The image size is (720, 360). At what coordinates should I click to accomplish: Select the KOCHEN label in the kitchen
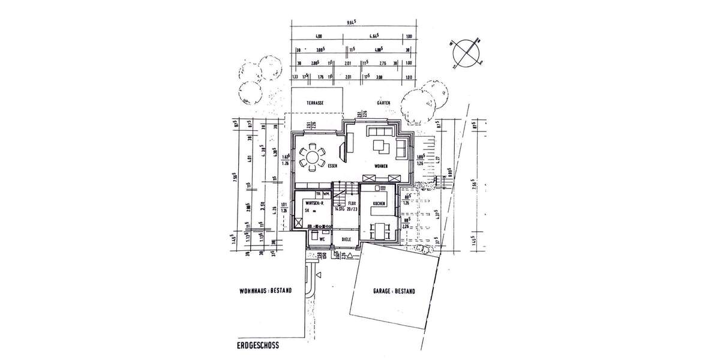point(378,205)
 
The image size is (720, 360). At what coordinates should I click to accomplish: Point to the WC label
point(322,239)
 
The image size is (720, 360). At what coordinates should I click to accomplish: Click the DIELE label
point(346,239)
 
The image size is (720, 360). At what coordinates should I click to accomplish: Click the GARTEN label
point(383,103)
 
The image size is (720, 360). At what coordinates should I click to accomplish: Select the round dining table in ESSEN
point(313,158)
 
